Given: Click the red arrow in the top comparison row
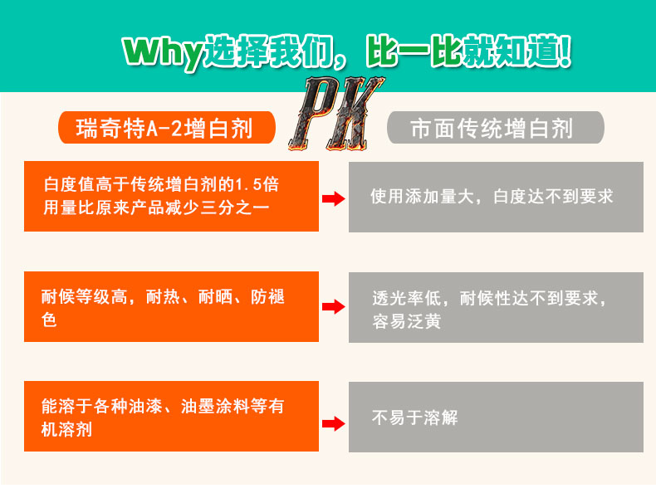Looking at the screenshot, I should pyautogui.click(x=333, y=198).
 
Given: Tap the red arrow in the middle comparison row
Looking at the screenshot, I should pyautogui.click(x=333, y=307).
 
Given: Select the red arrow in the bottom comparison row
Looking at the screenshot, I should pyautogui.click(x=333, y=423).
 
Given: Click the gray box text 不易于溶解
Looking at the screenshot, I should pyautogui.click(x=414, y=418).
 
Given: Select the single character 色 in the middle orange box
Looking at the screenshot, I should pyautogui.click(x=49, y=320).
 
